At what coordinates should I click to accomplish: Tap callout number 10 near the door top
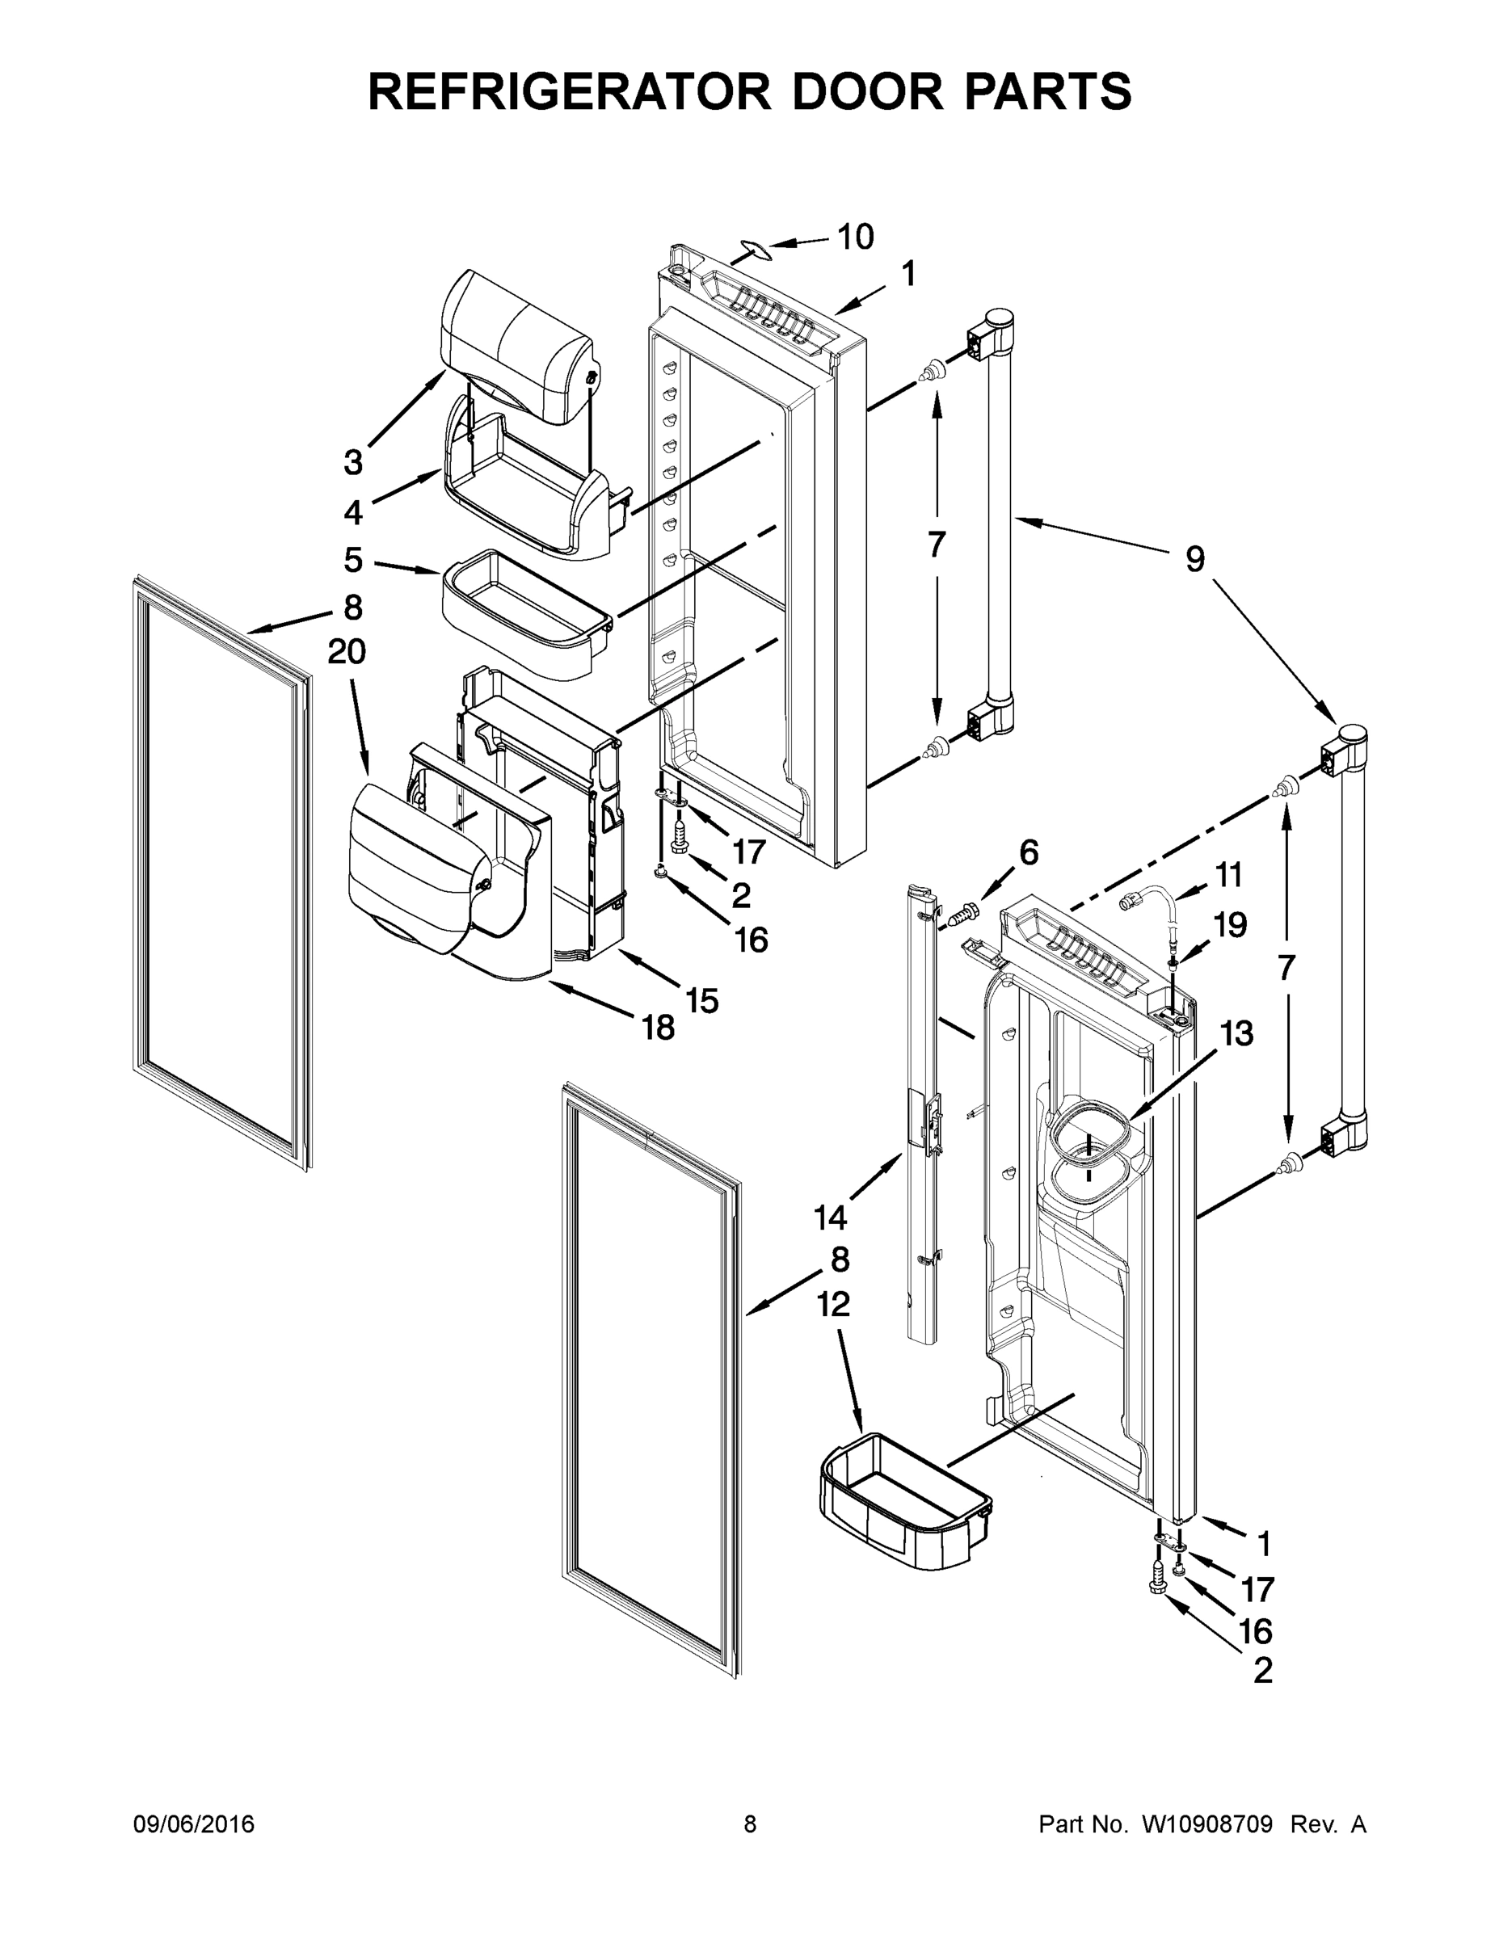click(855, 237)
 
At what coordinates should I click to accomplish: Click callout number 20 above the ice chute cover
click(347, 652)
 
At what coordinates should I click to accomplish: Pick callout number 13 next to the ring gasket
click(1236, 1033)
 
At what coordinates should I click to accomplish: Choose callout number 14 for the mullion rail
click(831, 1218)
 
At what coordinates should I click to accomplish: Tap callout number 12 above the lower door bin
click(833, 1304)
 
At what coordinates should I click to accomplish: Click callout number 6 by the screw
click(1029, 852)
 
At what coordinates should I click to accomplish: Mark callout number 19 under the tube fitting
click(1230, 925)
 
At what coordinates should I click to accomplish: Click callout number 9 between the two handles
click(1194, 559)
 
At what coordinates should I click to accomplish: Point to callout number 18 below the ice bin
click(658, 1028)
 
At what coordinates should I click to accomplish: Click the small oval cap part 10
click(756, 249)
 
